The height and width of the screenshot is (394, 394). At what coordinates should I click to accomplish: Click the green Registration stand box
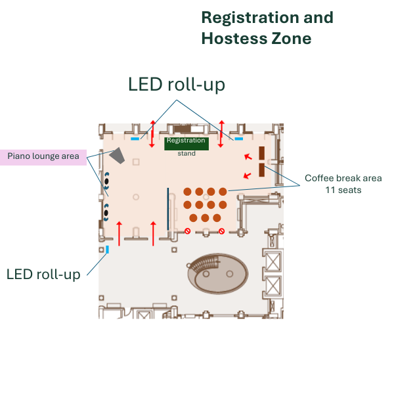click(186, 144)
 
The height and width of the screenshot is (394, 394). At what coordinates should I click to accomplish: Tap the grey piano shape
click(118, 156)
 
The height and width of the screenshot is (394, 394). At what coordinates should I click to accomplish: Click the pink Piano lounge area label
click(43, 156)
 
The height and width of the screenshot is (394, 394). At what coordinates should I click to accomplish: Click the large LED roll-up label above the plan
click(177, 85)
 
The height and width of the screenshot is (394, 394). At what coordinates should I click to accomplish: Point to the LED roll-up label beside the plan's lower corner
click(43, 273)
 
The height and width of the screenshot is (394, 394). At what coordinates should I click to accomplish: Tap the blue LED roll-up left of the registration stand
click(135, 139)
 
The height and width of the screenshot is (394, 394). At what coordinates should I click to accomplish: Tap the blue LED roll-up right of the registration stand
click(239, 139)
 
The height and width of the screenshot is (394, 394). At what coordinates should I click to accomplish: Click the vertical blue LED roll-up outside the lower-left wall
click(107, 250)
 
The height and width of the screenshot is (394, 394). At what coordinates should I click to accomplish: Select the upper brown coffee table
click(261, 154)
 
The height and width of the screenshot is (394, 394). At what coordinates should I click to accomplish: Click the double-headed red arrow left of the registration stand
click(152, 134)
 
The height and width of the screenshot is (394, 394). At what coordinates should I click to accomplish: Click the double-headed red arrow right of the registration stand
click(221, 134)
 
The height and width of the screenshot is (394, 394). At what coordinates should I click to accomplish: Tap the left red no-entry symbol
click(188, 231)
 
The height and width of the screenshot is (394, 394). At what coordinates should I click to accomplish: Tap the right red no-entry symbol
click(221, 231)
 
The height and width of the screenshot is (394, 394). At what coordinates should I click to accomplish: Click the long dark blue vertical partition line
click(168, 209)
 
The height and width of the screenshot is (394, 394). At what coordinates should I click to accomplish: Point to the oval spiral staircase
click(217, 271)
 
